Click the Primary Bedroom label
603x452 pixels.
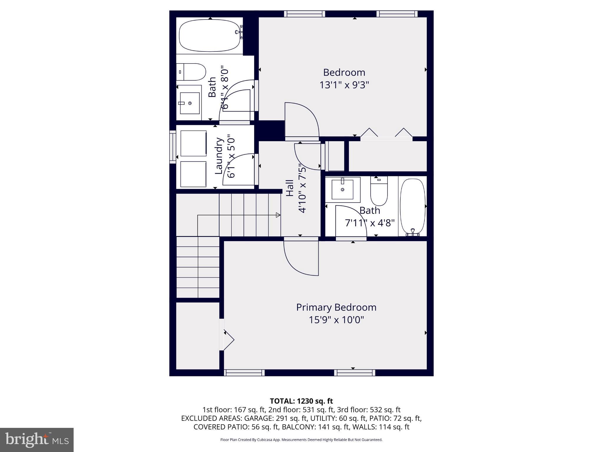pyautogui.click(x=336, y=307)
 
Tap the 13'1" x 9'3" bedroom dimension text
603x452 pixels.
pyautogui.click(x=344, y=85)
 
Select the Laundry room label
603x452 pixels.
pyautogui.click(x=218, y=156)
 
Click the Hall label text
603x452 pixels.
pyautogui.click(x=290, y=188)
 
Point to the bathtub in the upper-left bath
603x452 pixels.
pyautogui.click(x=209, y=36)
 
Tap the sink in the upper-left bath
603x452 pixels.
pyautogui.click(x=190, y=103)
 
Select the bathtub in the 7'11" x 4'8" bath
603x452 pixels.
pyautogui.click(x=413, y=206)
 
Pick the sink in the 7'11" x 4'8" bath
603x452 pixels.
pyautogui.click(x=342, y=189)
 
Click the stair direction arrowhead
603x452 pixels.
pyautogui.click(x=278, y=215)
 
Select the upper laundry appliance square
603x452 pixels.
pyautogui.click(x=193, y=143)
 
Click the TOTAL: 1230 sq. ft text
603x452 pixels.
pyautogui.click(x=301, y=401)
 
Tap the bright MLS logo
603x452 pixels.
pyautogui.click(x=37, y=440)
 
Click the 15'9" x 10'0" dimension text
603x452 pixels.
pyautogui.click(x=336, y=320)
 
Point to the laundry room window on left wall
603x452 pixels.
pyautogui.click(x=172, y=147)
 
